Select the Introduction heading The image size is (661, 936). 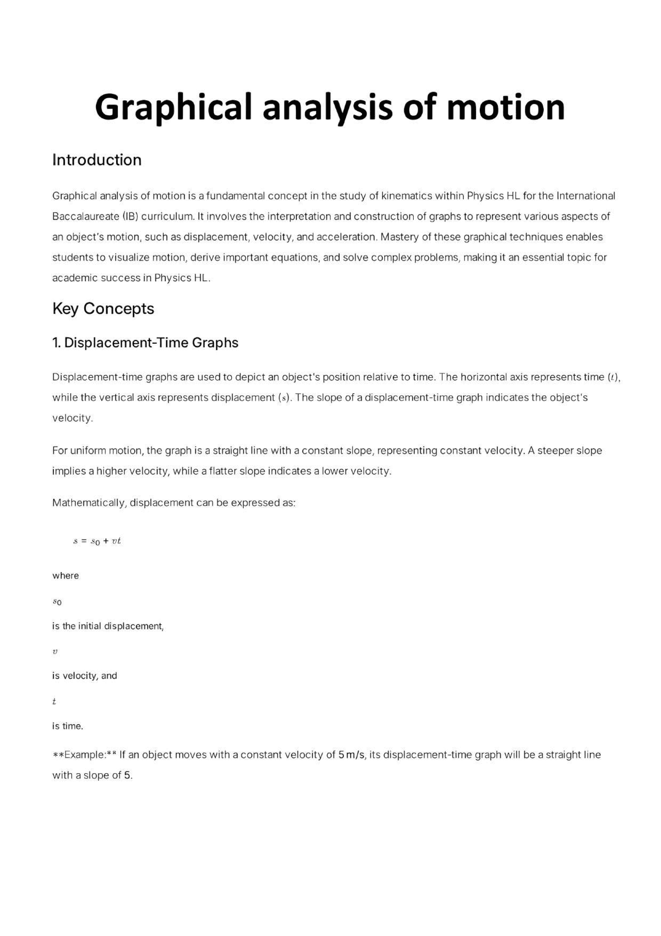click(97, 160)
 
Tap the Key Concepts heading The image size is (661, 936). click(103, 309)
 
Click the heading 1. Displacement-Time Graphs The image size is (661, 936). click(145, 343)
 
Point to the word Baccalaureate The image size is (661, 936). click(86, 217)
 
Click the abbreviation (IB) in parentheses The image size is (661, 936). click(130, 217)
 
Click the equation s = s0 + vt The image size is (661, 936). click(97, 541)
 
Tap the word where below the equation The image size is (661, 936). click(66, 576)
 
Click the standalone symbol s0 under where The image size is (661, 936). click(57, 602)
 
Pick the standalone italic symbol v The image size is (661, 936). click(55, 652)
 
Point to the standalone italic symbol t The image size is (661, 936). click(54, 701)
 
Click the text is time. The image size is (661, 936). click(68, 726)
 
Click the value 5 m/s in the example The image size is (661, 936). click(352, 755)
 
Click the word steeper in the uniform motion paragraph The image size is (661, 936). click(555, 451)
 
